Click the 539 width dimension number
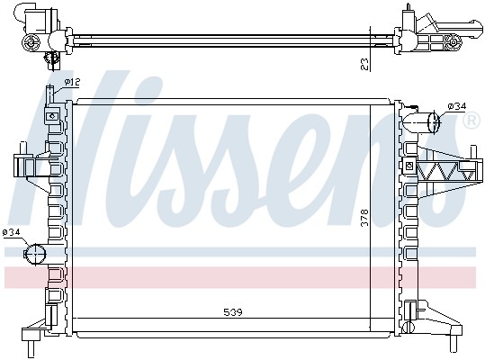tap(233, 312)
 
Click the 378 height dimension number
tap(365, 218)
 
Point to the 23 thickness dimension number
tap(365, 65)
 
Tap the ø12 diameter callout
tap(72, 82)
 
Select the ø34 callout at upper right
tap(457, 106)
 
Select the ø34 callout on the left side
tap(11, 232)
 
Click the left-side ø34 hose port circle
tap(35, 254)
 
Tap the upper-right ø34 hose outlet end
tap(435, 121)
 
